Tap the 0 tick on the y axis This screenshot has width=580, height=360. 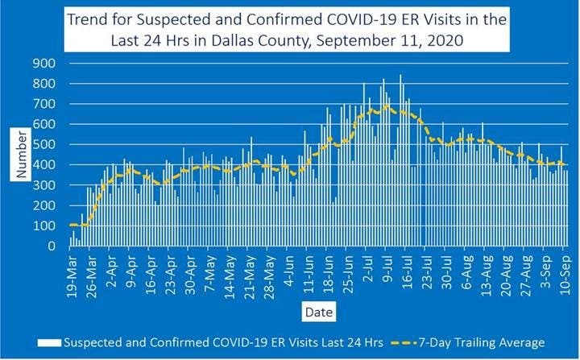(x=52, y=247)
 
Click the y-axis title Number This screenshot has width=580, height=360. (x=23, y=155)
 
